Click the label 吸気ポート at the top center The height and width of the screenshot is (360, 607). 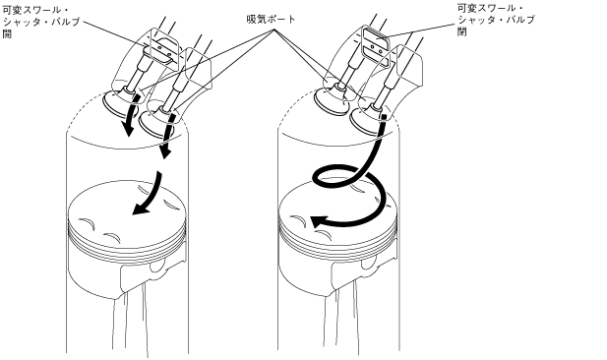pyautogui.click(x=271, y=19)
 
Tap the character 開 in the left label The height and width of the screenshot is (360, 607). pyautogui.click(x=7, y=33)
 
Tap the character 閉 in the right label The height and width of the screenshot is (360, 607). pyautogui.click(x=462, y=31)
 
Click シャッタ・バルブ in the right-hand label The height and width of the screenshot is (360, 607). pyautogui.click(x=496, y=20)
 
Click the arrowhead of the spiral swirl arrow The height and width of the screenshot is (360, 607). pyautogui.click(x=319, y=222)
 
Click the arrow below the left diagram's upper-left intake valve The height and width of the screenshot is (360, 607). pyautogui.click(x=131, y=116)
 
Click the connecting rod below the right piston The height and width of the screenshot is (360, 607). pyautogui.click(x=340, y=318)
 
